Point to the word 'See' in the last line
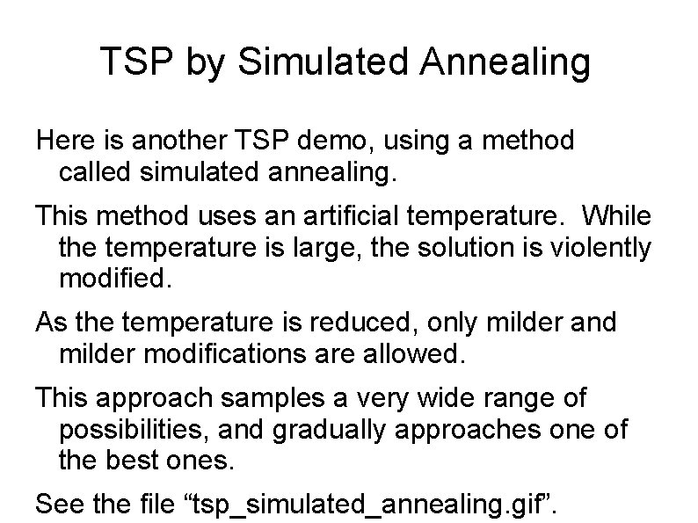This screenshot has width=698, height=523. (57, 505)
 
